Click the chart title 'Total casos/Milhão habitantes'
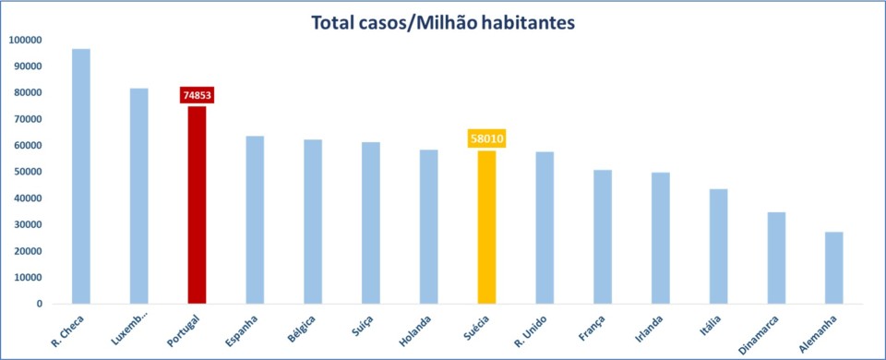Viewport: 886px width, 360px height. pos(443,21)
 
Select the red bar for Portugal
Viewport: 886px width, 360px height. pos(197,205)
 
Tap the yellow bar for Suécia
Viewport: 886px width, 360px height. pos(486,227)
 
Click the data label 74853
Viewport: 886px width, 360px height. pos(197,96)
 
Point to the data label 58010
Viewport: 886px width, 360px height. pos(486,139)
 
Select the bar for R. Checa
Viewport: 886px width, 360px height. pos(81,176)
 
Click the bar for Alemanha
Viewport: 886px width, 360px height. pos(833,268)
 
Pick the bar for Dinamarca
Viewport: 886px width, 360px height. pos(776,258)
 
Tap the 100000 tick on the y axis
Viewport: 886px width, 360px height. pos(26,40)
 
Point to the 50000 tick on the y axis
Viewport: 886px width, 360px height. pos(26,172)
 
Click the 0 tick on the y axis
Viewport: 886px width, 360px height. pos(39,304)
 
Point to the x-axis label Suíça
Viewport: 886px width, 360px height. pos(365,323)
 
